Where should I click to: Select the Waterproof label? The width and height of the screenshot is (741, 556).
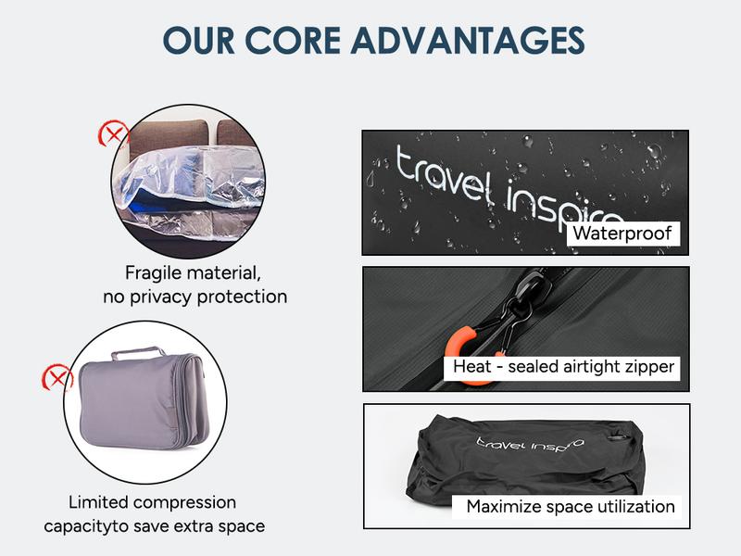(622, 234)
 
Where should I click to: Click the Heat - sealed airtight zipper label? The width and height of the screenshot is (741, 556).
(563, 367)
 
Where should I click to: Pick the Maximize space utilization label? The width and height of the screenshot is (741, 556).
(570, 506)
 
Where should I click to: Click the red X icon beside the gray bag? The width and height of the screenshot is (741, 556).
(58, 378)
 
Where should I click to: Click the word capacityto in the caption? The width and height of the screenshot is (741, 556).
(89, 526)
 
